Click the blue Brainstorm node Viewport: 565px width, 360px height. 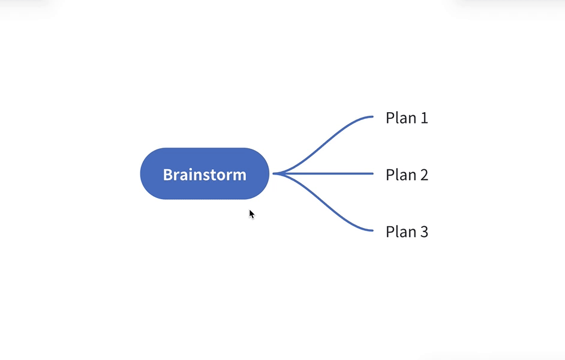[x=205, y=174]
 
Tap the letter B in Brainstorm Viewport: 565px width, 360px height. [x=168, y=175]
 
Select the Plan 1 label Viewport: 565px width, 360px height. [x=407, y=118]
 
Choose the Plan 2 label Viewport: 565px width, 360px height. [x=407, y=175]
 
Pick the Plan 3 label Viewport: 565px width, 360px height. [x=407, y=232]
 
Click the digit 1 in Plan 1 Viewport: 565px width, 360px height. [x=424, y=118]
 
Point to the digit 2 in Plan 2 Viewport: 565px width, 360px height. [x=424, y=175]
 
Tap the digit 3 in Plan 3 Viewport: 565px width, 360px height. [x=424, y=232]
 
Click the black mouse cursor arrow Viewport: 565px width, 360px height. [x=251, y=213]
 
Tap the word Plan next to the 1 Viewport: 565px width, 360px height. [x=398, y=118]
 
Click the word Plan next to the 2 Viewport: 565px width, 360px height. [x=398, y=175]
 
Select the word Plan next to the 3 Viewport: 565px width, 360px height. [x=398, y=232]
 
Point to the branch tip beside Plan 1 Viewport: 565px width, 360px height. [x=371, y=116]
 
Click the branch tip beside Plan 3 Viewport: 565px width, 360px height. [x=371, y=230]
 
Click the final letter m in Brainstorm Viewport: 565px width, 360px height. [x=239, y=175]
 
